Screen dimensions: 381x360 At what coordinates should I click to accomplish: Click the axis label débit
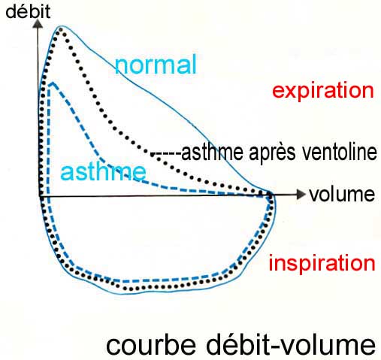pyautogui.click(x=28, y=12)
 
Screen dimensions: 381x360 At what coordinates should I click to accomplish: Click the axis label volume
pyautogui.click(x=342, y=195)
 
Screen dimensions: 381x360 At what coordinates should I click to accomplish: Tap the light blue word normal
pyautogui.click(x=156, y=65)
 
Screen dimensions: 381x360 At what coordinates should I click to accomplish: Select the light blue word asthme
pyautogui.click(x=103, y=171)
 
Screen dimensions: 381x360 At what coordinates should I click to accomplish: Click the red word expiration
pyautogui.click(x=323, y=90)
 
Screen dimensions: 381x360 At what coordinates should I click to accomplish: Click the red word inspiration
pyautogui.click(x=322, y=263)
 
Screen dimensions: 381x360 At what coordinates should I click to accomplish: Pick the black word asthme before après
pyautogui.click(x=213, y=152)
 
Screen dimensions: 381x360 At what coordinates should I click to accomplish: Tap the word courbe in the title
pyautogui.click(x=151, y=345)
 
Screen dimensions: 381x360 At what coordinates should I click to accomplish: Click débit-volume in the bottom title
pyautogui.click(x=291, y=344)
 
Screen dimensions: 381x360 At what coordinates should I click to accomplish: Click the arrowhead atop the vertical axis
pyautogui.click(x=38, y=24)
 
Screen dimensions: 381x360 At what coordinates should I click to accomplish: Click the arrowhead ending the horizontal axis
pyautogui.click(x=301, y=194)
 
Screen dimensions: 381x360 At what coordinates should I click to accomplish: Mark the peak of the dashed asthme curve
pyautogui.click(x=52, y=83)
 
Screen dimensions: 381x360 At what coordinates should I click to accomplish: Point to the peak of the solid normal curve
pyautogui.click(x=61, y=26)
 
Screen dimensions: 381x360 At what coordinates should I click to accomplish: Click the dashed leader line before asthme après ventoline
pyautogui.click(x=167, y=153)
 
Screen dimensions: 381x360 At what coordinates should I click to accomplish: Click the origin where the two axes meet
pyautogui.click(x=40, y=197)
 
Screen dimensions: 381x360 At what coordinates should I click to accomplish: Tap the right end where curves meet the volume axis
pyautogui.click(x=270, y=195)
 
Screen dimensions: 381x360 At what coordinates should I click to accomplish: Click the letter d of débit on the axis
pyautogui.click(x=11, y=12)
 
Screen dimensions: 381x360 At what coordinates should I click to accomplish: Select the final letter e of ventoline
pyautogui.click(x=372, y=154)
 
